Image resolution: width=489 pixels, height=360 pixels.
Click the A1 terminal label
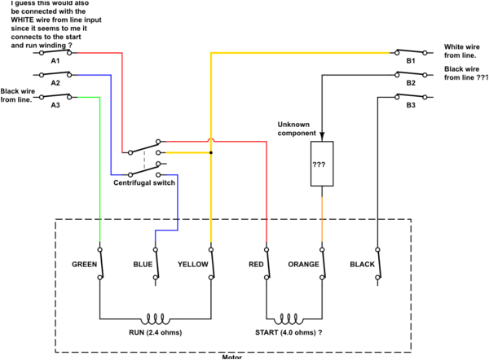pyautogui.click(x=55, y=61)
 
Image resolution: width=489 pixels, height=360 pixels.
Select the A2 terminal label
pyautogui.click(x=55, y=83)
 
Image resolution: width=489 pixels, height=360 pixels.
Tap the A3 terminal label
pyautogui.click(x=55, y=105)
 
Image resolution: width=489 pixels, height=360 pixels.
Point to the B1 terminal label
pyautogui.click(x=410, y=61)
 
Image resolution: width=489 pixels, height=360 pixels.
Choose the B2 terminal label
pyautogui.click(x=410, y=83)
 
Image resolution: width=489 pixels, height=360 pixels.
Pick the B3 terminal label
pyautogui.click(x=410, y=105)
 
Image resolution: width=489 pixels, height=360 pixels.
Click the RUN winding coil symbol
pyautogui.click(x=155, y=318)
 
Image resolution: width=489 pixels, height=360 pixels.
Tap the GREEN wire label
pyautogui.click(x=85, y=265)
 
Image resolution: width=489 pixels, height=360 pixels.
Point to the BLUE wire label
pyautogui.click(x=143, y=265)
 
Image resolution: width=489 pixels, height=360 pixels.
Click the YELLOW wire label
pyautogui.click(x=193, y=265)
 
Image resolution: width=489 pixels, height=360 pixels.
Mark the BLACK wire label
pyautogui.click(x=362, y=265)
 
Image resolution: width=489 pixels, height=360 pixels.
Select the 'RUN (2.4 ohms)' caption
pyautogui.click(x=154, y=334)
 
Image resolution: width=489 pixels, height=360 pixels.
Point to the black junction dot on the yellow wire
pyautogui.click(x=211, y=152)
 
